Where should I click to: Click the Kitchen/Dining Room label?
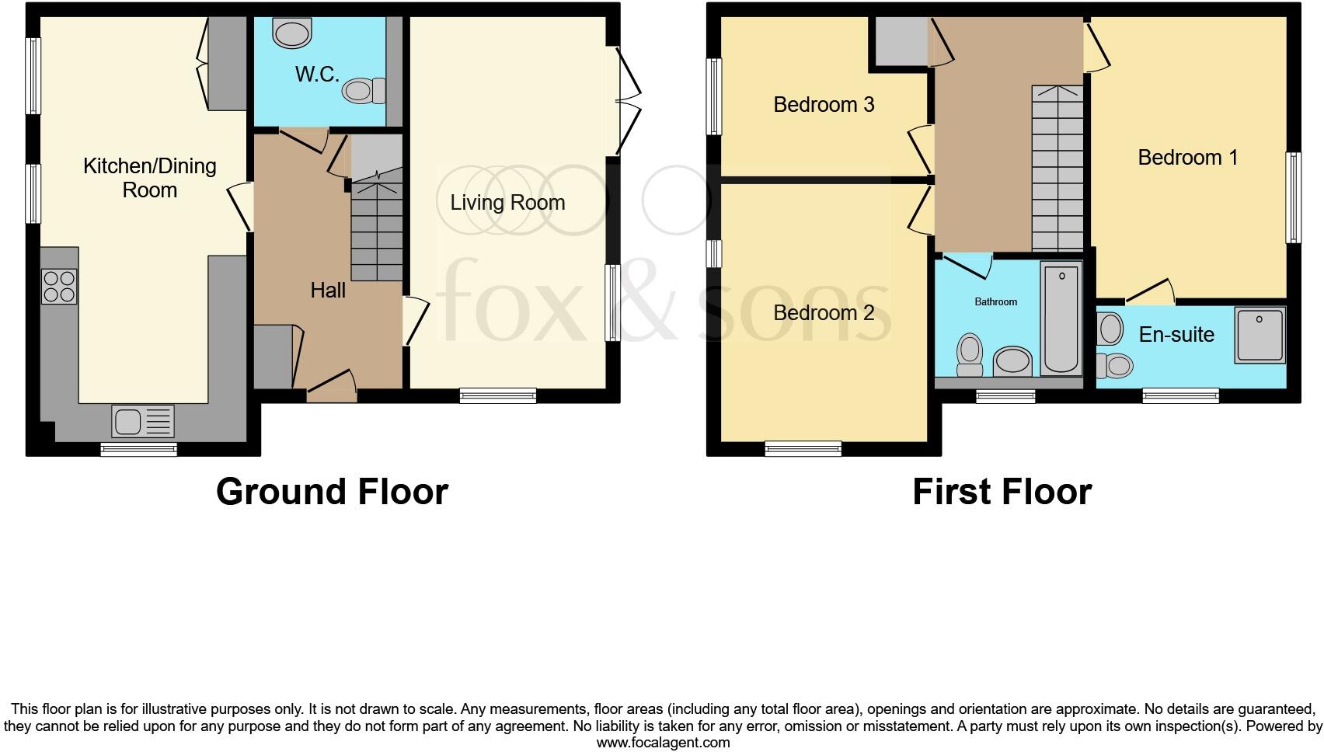(149, 178)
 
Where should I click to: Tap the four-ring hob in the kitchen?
(59, 285)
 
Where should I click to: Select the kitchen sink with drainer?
(143, 422)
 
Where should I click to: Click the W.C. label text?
(317, 75)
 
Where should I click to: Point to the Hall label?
(328, 291)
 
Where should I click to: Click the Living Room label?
(507, 203)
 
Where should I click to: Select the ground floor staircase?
(377, 230)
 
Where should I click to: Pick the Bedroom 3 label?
(824, 104)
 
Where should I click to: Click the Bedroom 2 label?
(824, 313)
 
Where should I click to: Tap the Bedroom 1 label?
(1187, 158)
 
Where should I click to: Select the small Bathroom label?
(995, 301)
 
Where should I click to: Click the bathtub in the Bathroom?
(1061, 319)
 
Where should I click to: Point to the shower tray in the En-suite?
(1260, 334)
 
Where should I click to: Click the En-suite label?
(1176, 335)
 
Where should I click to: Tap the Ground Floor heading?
(332, 492)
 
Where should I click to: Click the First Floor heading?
(1002, 492)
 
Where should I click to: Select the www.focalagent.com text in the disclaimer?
(663, 743)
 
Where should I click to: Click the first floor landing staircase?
(1057, 167)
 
